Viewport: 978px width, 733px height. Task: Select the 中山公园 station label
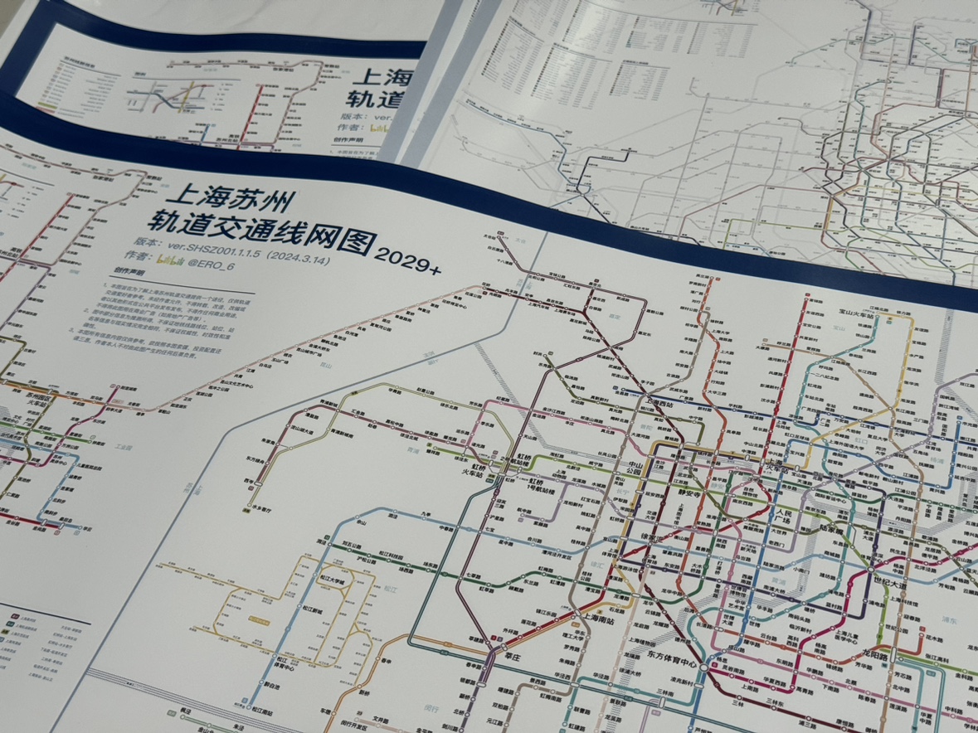click(x=635, y=469)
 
